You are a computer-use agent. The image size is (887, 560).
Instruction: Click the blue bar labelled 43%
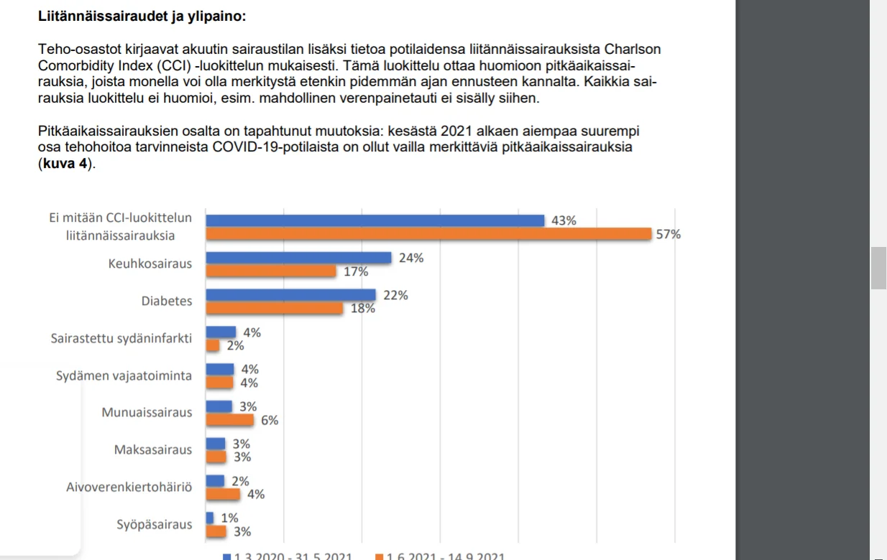374,220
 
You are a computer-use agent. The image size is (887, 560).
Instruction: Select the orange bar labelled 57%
428,234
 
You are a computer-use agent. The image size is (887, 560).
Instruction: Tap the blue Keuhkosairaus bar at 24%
298,258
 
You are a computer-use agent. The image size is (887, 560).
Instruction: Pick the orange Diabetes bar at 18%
274,308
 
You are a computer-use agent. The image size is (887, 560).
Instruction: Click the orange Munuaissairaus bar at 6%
230,420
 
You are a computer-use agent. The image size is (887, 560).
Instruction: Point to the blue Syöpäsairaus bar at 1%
210,518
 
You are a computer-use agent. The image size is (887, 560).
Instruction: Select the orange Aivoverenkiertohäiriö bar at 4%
223,494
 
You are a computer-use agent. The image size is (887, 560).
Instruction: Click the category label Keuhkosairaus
150,263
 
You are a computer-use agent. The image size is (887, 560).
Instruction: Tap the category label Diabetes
167,301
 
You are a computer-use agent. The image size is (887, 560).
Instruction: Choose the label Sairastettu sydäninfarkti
121,338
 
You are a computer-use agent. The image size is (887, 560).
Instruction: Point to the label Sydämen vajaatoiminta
124,375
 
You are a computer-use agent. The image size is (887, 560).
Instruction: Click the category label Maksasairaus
153,450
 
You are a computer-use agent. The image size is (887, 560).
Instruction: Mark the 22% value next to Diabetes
396,295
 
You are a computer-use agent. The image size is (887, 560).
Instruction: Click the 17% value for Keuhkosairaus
356,271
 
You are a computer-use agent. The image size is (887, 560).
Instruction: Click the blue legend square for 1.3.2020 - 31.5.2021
227,556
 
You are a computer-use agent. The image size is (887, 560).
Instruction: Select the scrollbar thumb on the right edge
878,267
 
